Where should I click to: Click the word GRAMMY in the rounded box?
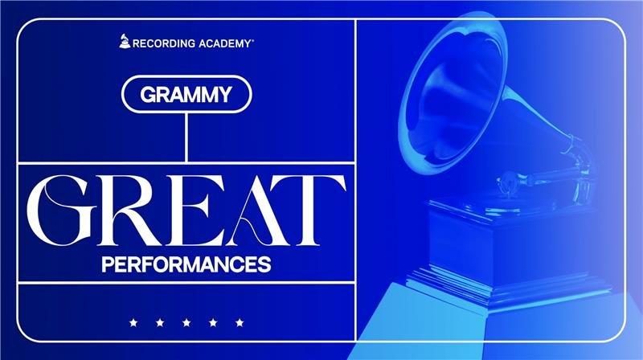(x=186, y=95)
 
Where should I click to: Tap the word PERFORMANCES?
(x=186, y=264)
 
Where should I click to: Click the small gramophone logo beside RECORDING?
(x=125, y=41)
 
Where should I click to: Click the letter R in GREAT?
(x=132, y=211)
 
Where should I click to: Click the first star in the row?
(x=133, y=323)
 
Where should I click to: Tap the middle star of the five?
(x=186, y=323)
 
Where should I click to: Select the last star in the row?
(x=240, y=323)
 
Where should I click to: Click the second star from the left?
(x=160, y=323)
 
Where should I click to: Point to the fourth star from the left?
(x=213, y=323)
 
